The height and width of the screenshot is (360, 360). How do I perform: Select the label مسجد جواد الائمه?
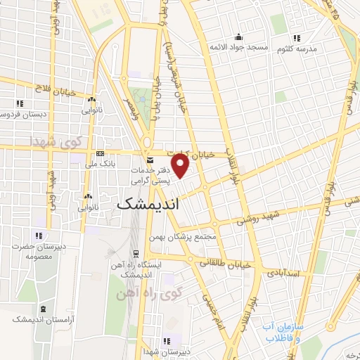(238, 47)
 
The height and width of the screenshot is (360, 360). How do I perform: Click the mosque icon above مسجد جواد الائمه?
(238, 37)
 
